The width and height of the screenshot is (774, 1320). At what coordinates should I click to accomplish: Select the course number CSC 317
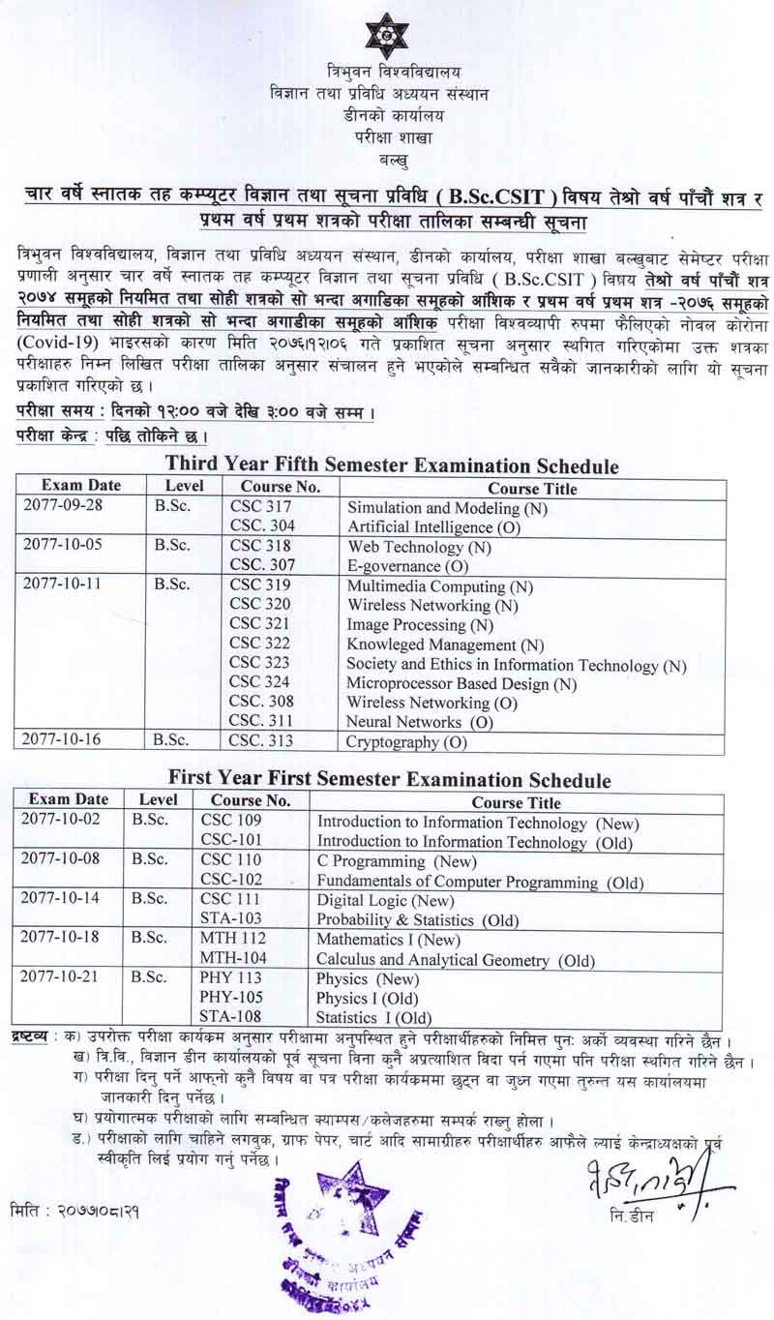tap(259, 507)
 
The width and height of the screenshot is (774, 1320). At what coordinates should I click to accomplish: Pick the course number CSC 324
tap(259, 683)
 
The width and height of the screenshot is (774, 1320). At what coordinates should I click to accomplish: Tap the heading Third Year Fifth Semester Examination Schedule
tap(391, 466)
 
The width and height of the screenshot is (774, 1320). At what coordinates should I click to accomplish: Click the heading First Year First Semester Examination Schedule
tap(389, 779)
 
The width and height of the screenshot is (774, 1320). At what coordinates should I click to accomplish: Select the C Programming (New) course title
tap(385, 860)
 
